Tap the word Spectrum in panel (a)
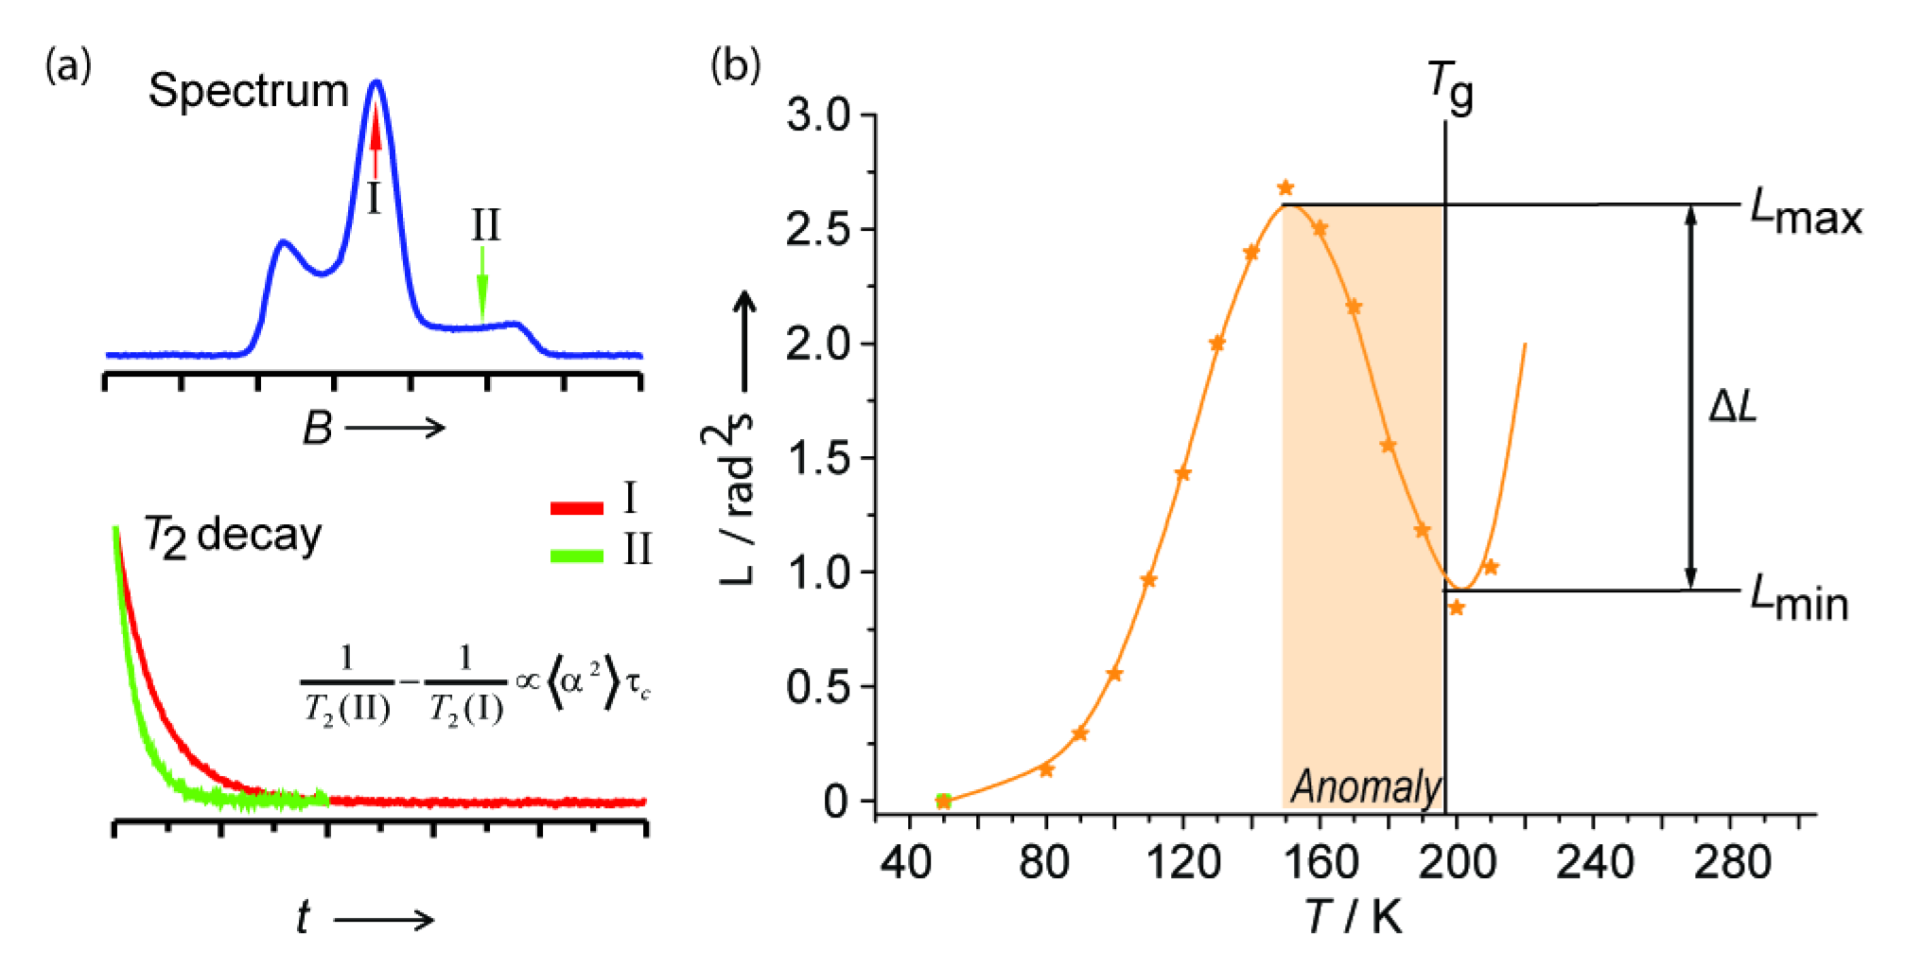pos(249,93)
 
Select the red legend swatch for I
pos(576,508)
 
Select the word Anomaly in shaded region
pos(1366,786)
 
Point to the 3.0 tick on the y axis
pos(825,116)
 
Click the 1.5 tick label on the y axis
pos(825,459)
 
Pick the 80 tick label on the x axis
pos(1045,863)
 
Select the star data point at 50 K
pos(942,801)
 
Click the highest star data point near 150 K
pos(1285,187)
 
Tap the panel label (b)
pos(735,66)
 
